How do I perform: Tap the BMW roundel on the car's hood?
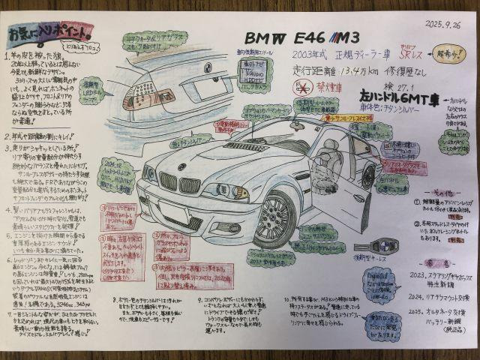coord(181,166)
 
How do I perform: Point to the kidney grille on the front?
coord(178,184)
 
